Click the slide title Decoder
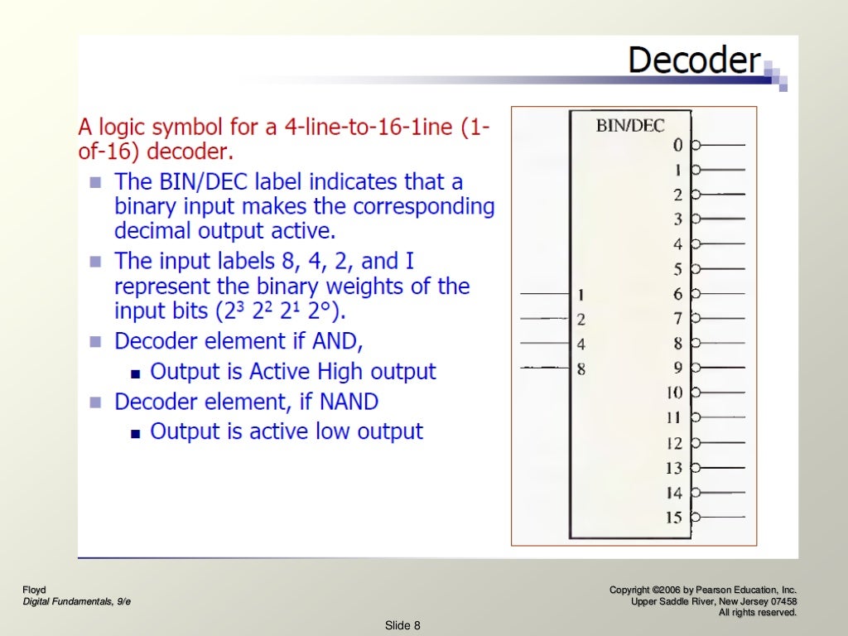(x=694, y=60)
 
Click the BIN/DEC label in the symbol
(x=630, y=126)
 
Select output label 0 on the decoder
(x=677, y=145)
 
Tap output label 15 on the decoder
(x=674, y=518)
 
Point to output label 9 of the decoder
(x=677, y=369)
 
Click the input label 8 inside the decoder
(x=581, y=369)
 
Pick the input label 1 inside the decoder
(x=581, y=294)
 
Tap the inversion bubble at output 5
(x=696, y=269)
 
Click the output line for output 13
(x=723, y=468)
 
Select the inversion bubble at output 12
(x=696, y=443)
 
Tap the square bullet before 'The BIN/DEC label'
(x=96, y=181)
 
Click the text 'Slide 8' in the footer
(x=403, y=625)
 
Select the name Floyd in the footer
(x=34, y=590)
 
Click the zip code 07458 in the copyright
(x=780, y=601)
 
